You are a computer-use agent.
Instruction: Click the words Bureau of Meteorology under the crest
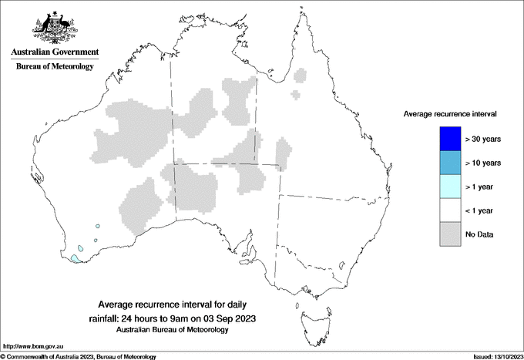pyautogui.click(x=55, y=66)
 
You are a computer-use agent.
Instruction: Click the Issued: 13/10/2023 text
pyautogui.click(x=496, y=356)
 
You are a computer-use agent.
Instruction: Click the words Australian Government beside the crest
pyautogui.click(x=55, y=52)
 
